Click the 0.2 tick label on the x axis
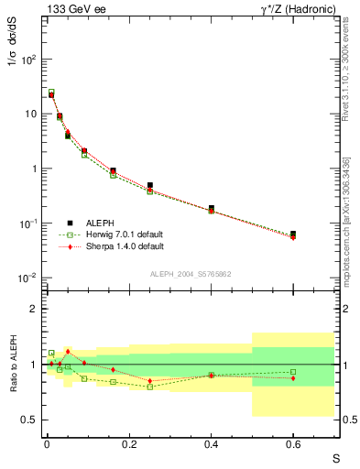coord(129,443)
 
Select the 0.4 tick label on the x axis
coord(212,443)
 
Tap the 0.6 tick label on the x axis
coord(294,443)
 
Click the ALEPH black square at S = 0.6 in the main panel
coord(294,234)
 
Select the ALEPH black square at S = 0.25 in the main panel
coord(149,185)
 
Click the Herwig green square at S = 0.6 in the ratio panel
coord(294,372)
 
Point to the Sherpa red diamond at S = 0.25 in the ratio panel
coord(149,380)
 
